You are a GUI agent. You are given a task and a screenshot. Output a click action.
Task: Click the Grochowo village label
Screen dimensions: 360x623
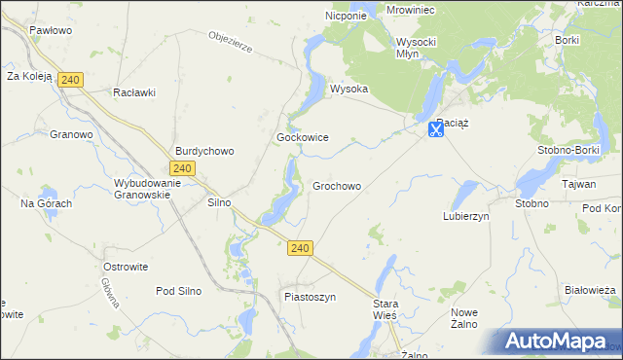pyautogui.click(x=337, y=186)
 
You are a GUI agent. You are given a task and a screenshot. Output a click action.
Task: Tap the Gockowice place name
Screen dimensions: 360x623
pyautogui.click(x=302, y=138)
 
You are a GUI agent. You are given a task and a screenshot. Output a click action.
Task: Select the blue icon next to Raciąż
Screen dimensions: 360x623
pyautogui.click(x=436, y=129)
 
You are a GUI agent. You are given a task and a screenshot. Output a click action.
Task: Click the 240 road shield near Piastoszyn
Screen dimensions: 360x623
pyautogui.click(x=300, y=249)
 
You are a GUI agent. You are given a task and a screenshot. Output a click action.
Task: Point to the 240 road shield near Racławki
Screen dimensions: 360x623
pyautogui.click(x=69, y=80)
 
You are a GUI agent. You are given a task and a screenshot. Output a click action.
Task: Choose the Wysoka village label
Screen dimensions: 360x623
pyautogui.click(x=349, y=89)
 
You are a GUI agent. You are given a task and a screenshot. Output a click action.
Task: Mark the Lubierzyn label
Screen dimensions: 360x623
pyautogui.click(x=465, y=217)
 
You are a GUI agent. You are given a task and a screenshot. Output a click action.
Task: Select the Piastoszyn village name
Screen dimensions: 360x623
pyautogui.click(x=310, y=297)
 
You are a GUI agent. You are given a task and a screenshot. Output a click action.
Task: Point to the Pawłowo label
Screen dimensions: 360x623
pyautogui.click(x=52, y=30)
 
